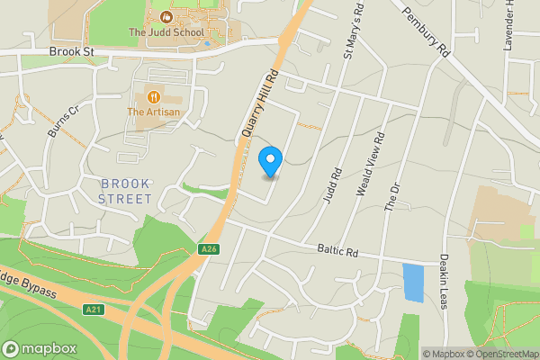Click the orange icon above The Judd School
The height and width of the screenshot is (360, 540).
point(166,17)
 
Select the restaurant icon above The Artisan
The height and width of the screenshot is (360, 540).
point(154,95)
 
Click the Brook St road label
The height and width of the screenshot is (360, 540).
point(72,53)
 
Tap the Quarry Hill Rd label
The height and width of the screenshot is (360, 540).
point(256,104)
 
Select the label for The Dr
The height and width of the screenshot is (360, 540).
point(391,196)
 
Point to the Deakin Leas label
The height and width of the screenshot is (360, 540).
point(444,277)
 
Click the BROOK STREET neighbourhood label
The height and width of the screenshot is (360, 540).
point(126,191)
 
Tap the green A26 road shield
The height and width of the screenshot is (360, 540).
point(209,249)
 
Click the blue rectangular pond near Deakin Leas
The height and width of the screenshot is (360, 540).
point(412,283)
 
